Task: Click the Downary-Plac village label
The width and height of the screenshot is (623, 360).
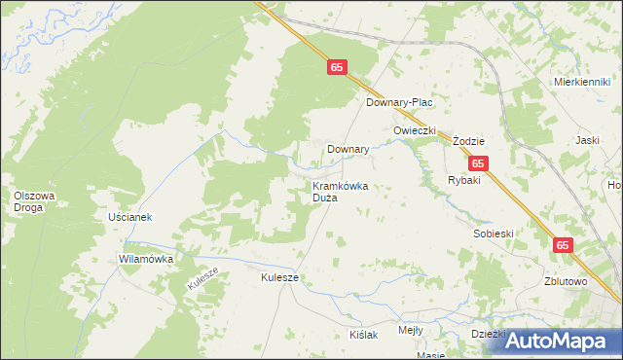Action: tap(398, 102)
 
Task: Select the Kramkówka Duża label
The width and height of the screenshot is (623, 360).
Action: tap(339, 192)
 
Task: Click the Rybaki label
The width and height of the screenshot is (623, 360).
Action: tap(464, 181)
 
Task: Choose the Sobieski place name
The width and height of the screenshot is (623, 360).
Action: tap(493, 234)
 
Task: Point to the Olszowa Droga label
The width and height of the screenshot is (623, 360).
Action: tap(34, 201)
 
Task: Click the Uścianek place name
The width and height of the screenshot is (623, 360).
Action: tap(131, 217)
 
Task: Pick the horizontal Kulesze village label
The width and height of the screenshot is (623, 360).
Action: tap(279, 277)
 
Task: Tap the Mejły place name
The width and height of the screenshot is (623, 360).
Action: tap(411, 331)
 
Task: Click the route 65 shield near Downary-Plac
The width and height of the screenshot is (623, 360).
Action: tap(336, 67)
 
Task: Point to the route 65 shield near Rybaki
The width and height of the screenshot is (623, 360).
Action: tap(477, 164)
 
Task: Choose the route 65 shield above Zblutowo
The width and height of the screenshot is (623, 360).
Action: tap(564, 246)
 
